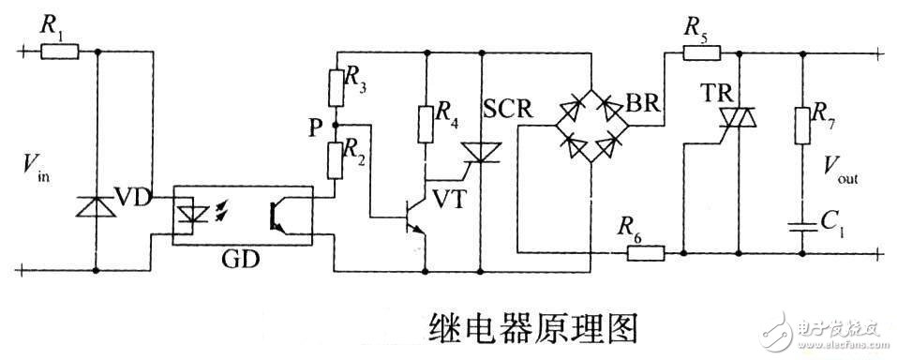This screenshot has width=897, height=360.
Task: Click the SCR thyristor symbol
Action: tap(482, 150)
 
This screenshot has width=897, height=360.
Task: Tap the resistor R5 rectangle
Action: tap(695, 52)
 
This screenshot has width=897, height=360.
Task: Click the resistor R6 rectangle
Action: tap(644, 251)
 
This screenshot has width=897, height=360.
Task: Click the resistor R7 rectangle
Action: tap(802, 125)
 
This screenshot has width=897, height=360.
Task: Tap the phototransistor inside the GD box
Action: tap(278, 214)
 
